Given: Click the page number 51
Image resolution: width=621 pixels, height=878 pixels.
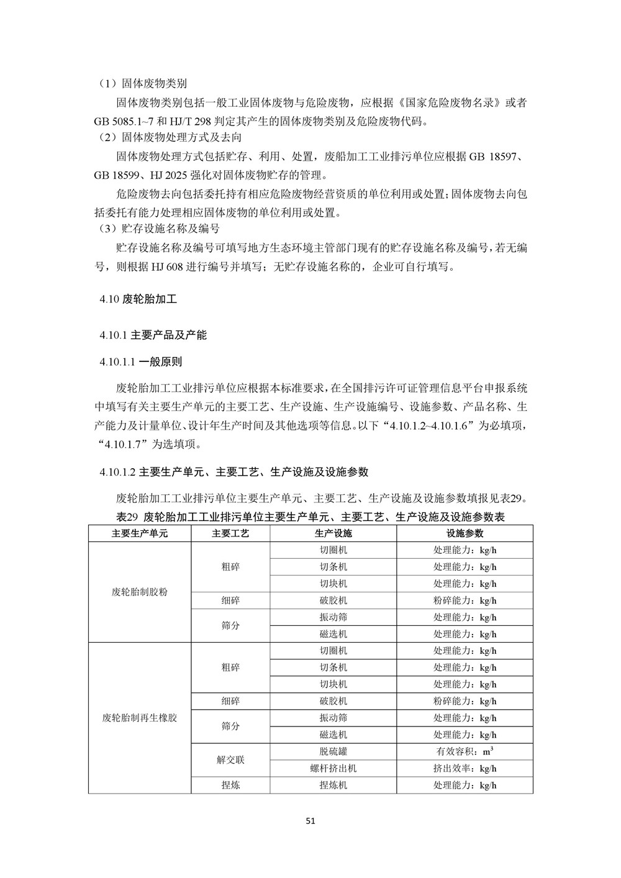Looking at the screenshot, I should [311, 820].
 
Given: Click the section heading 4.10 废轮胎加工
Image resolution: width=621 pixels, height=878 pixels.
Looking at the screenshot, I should [138, 299].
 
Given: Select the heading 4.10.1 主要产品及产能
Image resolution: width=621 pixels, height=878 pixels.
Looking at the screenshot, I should [152, 335].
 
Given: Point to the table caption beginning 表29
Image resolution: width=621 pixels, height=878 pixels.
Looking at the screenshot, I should [310, 517].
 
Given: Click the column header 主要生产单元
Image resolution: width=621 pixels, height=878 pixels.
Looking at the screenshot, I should [140, 533].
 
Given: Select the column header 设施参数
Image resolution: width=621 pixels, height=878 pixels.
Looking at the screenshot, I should [465, 533].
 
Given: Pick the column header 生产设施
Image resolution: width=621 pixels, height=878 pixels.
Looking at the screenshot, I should [333, 533].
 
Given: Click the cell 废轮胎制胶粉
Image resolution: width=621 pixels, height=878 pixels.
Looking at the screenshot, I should [140, 592].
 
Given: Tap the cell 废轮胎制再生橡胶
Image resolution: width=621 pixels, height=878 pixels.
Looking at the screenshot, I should [140, 718].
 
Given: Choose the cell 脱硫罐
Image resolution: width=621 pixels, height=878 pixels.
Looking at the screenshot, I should [333, 751].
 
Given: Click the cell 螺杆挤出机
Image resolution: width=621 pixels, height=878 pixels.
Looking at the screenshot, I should [333, 768].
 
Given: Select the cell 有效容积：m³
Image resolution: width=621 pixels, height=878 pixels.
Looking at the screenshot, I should [465, 751].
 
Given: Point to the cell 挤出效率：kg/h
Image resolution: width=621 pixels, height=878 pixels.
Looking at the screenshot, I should [465, 768].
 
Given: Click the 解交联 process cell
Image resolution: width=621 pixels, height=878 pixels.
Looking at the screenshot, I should [230, 760].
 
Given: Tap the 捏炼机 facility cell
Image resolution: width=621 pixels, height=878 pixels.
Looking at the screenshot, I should [333, 785].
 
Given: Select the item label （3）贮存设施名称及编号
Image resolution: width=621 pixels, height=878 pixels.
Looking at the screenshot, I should [158, 229].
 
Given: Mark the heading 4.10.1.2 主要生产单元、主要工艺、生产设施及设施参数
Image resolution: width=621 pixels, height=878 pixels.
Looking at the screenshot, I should [233, 472].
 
